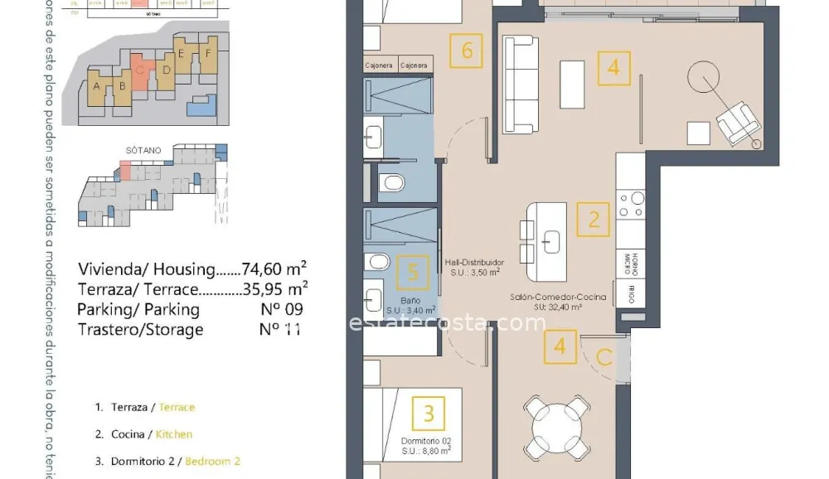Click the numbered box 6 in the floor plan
click(467, 51)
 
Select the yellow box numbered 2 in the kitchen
click(594, 220)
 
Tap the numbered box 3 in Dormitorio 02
click(429, 412)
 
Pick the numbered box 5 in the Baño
click(412, 271)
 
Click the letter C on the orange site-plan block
click(139, 70)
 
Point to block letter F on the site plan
click(209, 53)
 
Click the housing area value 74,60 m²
click(274, 269)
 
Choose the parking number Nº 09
click(281, 309)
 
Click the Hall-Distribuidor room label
click(473, 262)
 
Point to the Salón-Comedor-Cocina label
click(558, 297)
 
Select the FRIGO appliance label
click(631, 291)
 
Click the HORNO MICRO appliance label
click(631, 263)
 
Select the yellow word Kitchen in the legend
click(175, 434)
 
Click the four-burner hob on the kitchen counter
click(633, 204)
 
